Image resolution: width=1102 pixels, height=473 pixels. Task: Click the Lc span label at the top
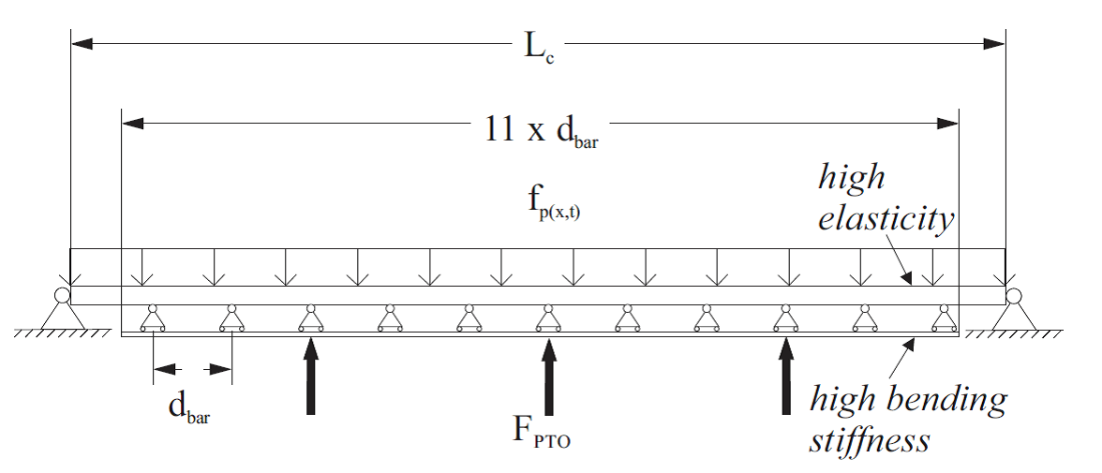coord(539,46)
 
